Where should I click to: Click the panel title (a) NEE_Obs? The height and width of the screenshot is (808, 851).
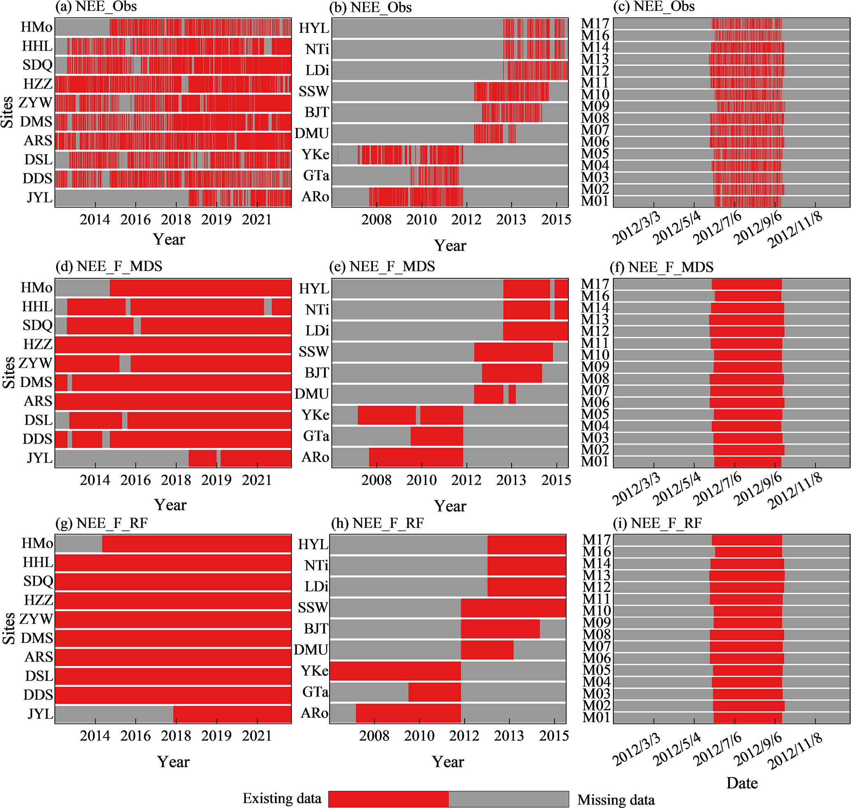coord(96,7)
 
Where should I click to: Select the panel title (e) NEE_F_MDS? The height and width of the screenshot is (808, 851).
coord(382,266)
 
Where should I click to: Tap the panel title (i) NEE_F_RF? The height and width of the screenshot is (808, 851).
coord(657,523)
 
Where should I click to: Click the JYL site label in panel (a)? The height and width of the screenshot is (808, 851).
coord(40,198)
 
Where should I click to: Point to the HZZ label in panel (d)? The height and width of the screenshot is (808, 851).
coord(38,344)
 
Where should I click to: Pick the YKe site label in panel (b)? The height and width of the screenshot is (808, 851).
coord(315,154)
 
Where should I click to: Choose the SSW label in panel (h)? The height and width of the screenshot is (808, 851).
coord(313,608)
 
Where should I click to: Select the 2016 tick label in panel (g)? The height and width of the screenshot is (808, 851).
coord(135,736)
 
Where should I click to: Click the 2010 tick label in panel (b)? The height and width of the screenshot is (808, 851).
coord(421,220)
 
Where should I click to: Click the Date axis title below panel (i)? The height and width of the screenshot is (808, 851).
coord(742,782)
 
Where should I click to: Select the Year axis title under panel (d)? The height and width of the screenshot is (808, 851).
coord(170,505)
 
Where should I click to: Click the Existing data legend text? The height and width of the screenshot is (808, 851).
coord(282,798)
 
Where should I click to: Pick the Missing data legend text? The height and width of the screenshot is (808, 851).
coord(616,800)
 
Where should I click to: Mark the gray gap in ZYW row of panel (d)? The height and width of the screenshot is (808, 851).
coord(125,364)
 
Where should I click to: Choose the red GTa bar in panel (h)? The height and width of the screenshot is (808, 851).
coord(434,692)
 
